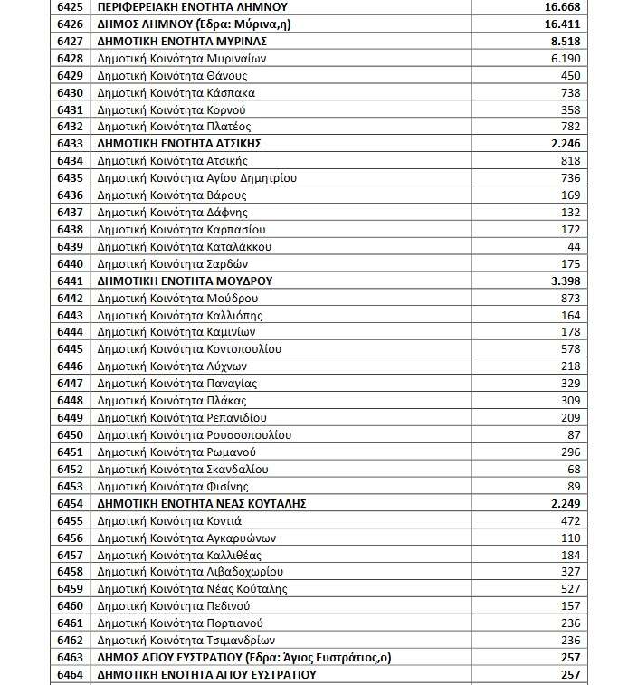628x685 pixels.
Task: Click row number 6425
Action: coord(70,7)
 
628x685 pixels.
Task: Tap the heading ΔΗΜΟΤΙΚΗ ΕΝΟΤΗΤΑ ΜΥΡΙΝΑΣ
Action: coord(181,42)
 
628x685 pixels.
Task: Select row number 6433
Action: coord(70,144)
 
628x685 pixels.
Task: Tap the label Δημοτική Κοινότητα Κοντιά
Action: coord(169,520)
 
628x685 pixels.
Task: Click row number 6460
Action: coord(70,606)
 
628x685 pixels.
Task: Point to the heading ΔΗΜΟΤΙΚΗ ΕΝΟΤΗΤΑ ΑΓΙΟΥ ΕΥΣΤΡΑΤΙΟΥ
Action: coord(207,675)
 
